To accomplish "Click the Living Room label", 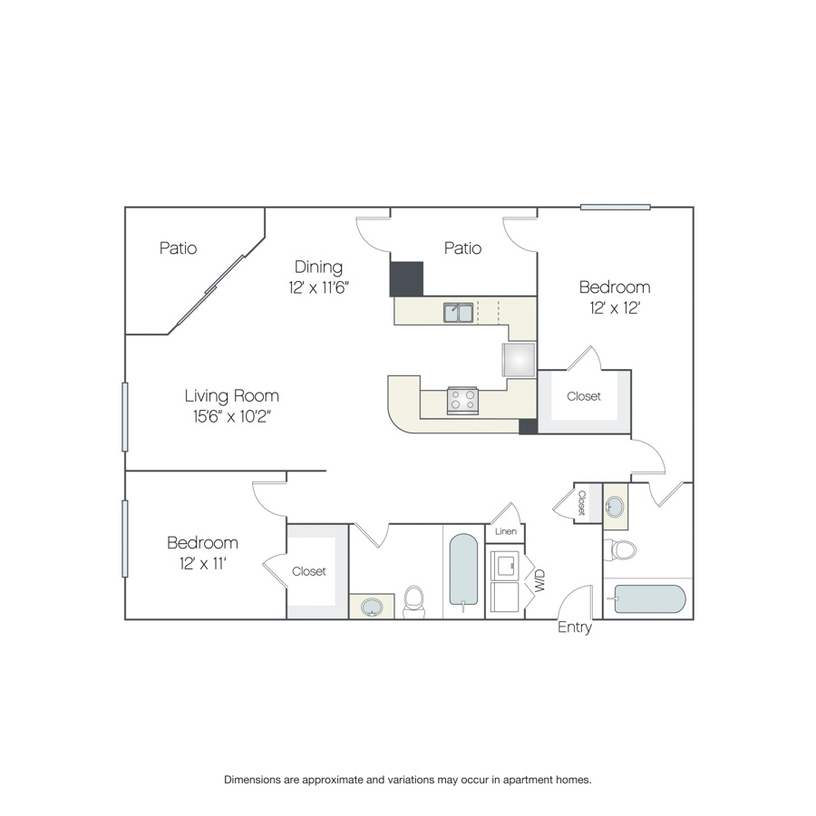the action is point(231,396).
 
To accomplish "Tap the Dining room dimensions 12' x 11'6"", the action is point(318,287).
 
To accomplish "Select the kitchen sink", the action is point(459,313).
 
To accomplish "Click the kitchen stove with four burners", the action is point(462,401).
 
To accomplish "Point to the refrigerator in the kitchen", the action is point(519,360).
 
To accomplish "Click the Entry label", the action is point(575,627).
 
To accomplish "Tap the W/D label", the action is point(539,580).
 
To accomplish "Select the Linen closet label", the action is point(505,531).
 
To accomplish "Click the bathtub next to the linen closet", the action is point(463,570).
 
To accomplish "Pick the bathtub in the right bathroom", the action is point(650,599).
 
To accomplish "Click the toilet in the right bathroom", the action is point(620,549).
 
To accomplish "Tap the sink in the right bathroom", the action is point(615,506).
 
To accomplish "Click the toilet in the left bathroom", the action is point(414,602).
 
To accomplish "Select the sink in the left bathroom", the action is point(372,607).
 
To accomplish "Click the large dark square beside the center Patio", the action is point(406,279).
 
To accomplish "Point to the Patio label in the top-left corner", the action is point(178,248).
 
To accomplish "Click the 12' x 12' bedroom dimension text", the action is point(615,308).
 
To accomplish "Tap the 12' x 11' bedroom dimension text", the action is point(202,564).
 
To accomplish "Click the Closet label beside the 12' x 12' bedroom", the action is point(584,396).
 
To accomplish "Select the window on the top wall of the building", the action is point(616,207).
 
